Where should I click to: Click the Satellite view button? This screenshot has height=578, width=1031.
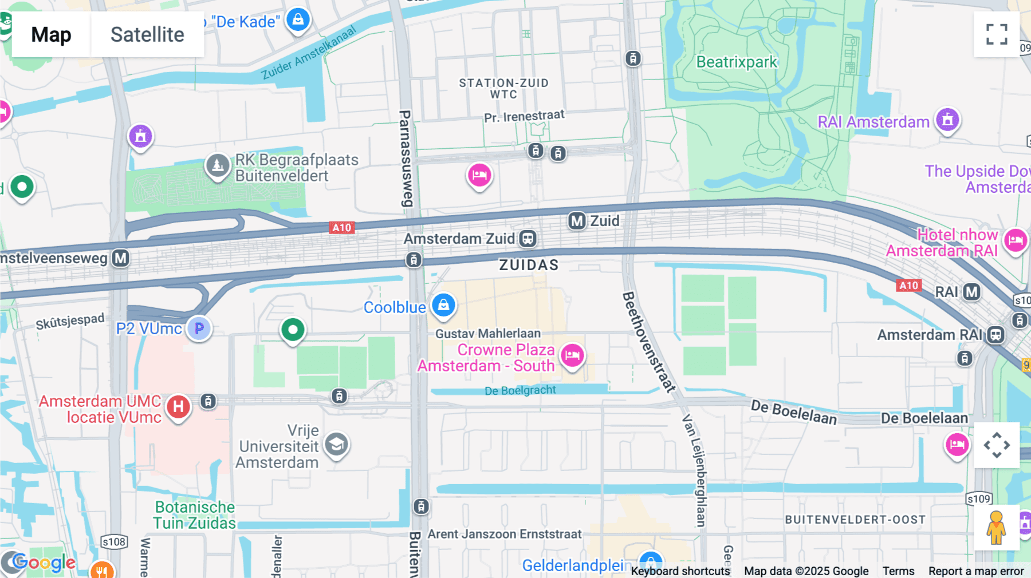pos(147,34)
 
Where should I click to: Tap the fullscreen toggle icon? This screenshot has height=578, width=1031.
pos(997,34)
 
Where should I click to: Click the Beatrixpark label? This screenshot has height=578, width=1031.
pos(737,62)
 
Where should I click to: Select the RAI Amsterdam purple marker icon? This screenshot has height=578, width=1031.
pos(947,120)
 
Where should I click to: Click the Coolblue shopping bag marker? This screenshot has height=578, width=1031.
pos(443,305)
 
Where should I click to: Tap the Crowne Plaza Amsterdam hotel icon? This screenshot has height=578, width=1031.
pos(572,355)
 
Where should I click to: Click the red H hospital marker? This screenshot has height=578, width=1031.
pos(178,407)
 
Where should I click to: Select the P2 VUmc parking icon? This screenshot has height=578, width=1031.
pos(199,328)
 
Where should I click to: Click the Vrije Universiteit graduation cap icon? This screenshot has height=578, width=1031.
pos(336,445)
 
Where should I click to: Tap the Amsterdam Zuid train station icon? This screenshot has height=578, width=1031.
pos(528,239)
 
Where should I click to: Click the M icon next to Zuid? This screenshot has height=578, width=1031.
pos(577,221)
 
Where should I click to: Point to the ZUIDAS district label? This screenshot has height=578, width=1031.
pos(528,265)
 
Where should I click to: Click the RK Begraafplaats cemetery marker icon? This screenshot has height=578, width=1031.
pos(218,165)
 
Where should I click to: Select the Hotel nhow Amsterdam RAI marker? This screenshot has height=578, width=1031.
pos(1016,240)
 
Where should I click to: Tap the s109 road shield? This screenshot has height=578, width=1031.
pos(979,499)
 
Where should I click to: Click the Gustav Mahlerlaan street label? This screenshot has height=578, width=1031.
pos(487,334)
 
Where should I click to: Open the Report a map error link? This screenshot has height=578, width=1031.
pos(976,571)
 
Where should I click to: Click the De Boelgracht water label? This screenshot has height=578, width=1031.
pos(520,390)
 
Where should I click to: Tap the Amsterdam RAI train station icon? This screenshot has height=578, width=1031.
pos(995,335)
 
